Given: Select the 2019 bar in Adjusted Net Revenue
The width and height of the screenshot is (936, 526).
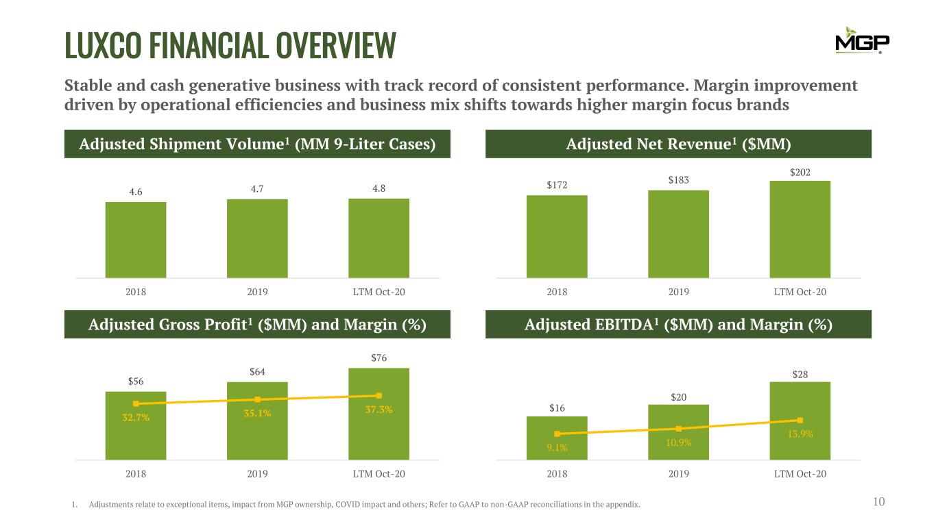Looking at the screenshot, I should [x=678, y=234].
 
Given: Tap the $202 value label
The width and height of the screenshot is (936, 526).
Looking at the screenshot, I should [x=800, y=173].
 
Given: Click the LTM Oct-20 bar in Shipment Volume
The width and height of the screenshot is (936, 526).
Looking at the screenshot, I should [x=379, y=238].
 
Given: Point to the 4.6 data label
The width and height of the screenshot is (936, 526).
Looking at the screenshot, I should [x=136, y=192].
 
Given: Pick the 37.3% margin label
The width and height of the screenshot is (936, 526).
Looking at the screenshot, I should [x=379, y=410].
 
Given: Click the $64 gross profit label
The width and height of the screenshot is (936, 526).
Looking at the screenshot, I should [x=257, y=372].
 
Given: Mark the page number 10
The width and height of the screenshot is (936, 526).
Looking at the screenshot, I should [x=879, y=503].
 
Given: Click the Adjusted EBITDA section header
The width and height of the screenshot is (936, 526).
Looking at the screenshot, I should [x=678, y=325].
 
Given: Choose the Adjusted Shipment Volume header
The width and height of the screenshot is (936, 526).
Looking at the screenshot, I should [x=257, y=145].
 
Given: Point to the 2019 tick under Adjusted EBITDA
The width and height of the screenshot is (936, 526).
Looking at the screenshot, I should [x=678, y=473].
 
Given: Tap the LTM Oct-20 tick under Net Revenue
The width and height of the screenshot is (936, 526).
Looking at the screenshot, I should [x=800, y=292].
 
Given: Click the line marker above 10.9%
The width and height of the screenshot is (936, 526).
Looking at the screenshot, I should [x=678, y=429].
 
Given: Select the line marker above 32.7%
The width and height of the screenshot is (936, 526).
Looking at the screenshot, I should [x=136, y=403].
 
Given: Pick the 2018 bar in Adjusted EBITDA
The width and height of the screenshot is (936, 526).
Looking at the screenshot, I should [x=557, y=438].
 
